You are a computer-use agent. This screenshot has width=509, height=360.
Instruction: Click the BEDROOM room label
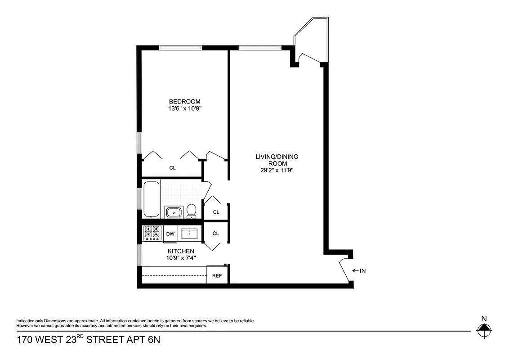pos(184,101)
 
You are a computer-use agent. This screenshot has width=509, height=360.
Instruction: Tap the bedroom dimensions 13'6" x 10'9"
pos(184,108)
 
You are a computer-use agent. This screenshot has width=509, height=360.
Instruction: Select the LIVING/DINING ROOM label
pos(277,160)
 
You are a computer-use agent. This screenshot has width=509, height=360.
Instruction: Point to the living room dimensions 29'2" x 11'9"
pos(277,171)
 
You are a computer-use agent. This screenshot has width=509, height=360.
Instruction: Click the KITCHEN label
pos(181,251)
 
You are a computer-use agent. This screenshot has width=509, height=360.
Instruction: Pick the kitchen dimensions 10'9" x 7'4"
pos(181,258)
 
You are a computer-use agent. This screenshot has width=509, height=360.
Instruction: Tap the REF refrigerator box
pos(217,275)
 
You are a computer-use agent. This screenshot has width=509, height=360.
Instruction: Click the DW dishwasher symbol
pos(170,234)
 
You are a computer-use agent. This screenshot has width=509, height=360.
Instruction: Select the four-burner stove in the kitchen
pos(152,233)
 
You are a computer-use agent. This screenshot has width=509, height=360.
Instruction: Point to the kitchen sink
pos(190,233)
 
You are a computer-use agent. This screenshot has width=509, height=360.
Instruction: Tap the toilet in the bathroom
pos(192,210)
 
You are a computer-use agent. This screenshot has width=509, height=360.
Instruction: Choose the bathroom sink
pos(173,211)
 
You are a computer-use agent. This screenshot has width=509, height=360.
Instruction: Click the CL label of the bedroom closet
pos(172,168)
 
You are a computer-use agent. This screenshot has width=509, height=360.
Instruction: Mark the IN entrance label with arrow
pos(359,271)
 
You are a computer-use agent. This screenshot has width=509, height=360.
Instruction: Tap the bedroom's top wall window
pos(180,47)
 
